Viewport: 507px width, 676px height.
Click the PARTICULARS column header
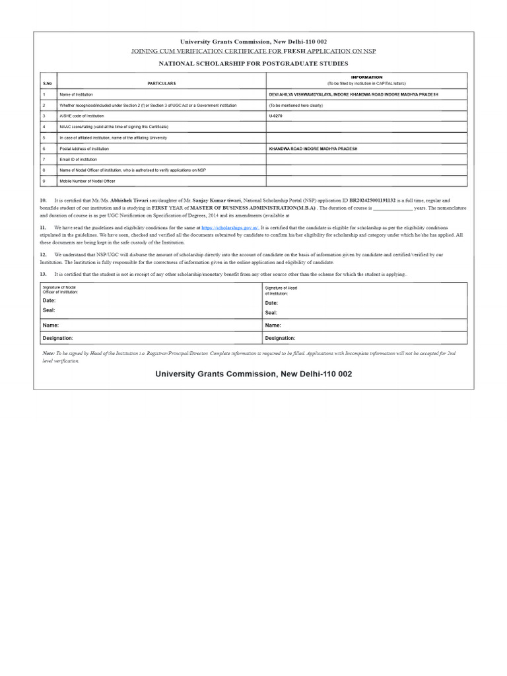[162, 83]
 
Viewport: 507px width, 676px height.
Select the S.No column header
[48, 83]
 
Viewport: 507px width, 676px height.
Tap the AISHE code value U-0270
[275, 116]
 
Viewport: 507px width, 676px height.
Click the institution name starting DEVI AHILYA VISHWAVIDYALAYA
[353, 94]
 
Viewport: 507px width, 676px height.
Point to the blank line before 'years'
[393, 208]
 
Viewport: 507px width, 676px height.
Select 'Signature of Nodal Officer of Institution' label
[60, 290]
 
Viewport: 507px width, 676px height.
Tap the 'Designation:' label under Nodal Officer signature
[58, 338]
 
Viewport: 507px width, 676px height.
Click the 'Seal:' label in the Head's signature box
[271, 313]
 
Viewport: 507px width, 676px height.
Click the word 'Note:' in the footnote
[48, 354]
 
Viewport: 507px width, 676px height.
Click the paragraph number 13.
[44, 273]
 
